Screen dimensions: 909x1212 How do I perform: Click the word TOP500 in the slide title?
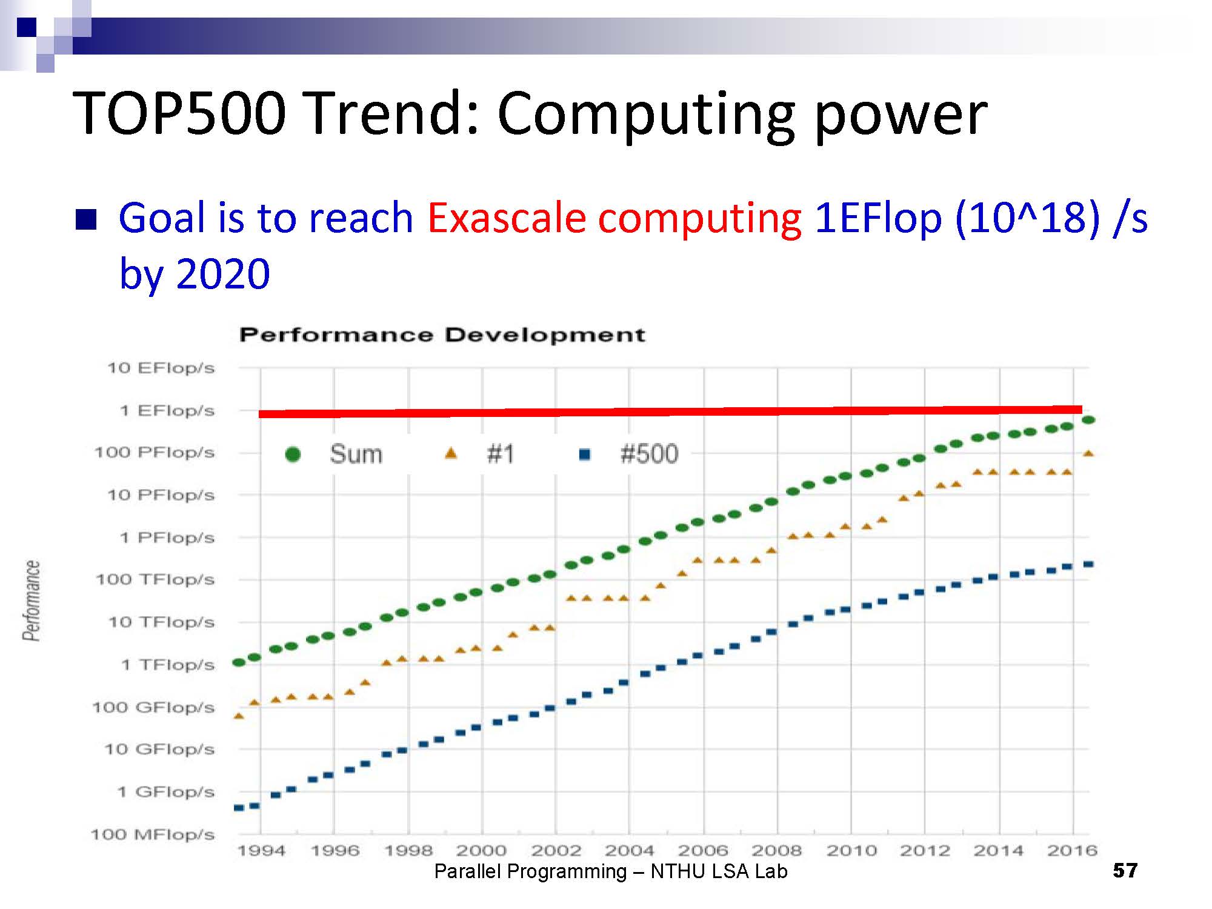click(x=179, y=114)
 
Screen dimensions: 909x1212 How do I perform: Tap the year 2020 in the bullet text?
click(x=223, y=274)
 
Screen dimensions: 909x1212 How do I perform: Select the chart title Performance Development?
click(x=442, y=335)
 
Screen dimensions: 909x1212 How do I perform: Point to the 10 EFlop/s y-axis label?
click(x=161, y=368)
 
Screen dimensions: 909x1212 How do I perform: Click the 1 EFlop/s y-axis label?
click(x=167, y=411)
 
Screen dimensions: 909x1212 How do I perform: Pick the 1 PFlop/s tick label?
click(x=167, y=538)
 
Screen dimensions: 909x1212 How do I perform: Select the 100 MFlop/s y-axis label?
click(x=153, y=834)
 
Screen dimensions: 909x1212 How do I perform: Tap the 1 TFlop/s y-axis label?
click(x=168, y=665)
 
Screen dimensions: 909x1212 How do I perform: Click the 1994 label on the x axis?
click(x=261, y=851)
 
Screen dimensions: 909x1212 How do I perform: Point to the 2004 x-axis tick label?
click(x=630, y=851)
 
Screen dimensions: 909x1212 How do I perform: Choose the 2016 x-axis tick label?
click(x=1073, y=851)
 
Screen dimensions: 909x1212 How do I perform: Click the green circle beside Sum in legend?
click(x=293, y=454)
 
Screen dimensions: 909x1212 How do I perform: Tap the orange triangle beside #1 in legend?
click(x=451, y=453)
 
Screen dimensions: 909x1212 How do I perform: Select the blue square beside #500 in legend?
click(x=585, y=454)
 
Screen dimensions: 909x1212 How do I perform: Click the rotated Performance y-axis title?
click(x=32, y=601)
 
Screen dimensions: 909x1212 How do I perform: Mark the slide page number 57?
click(x=1125, y=871)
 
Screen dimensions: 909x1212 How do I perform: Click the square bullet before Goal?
click(x=86, y=220)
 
